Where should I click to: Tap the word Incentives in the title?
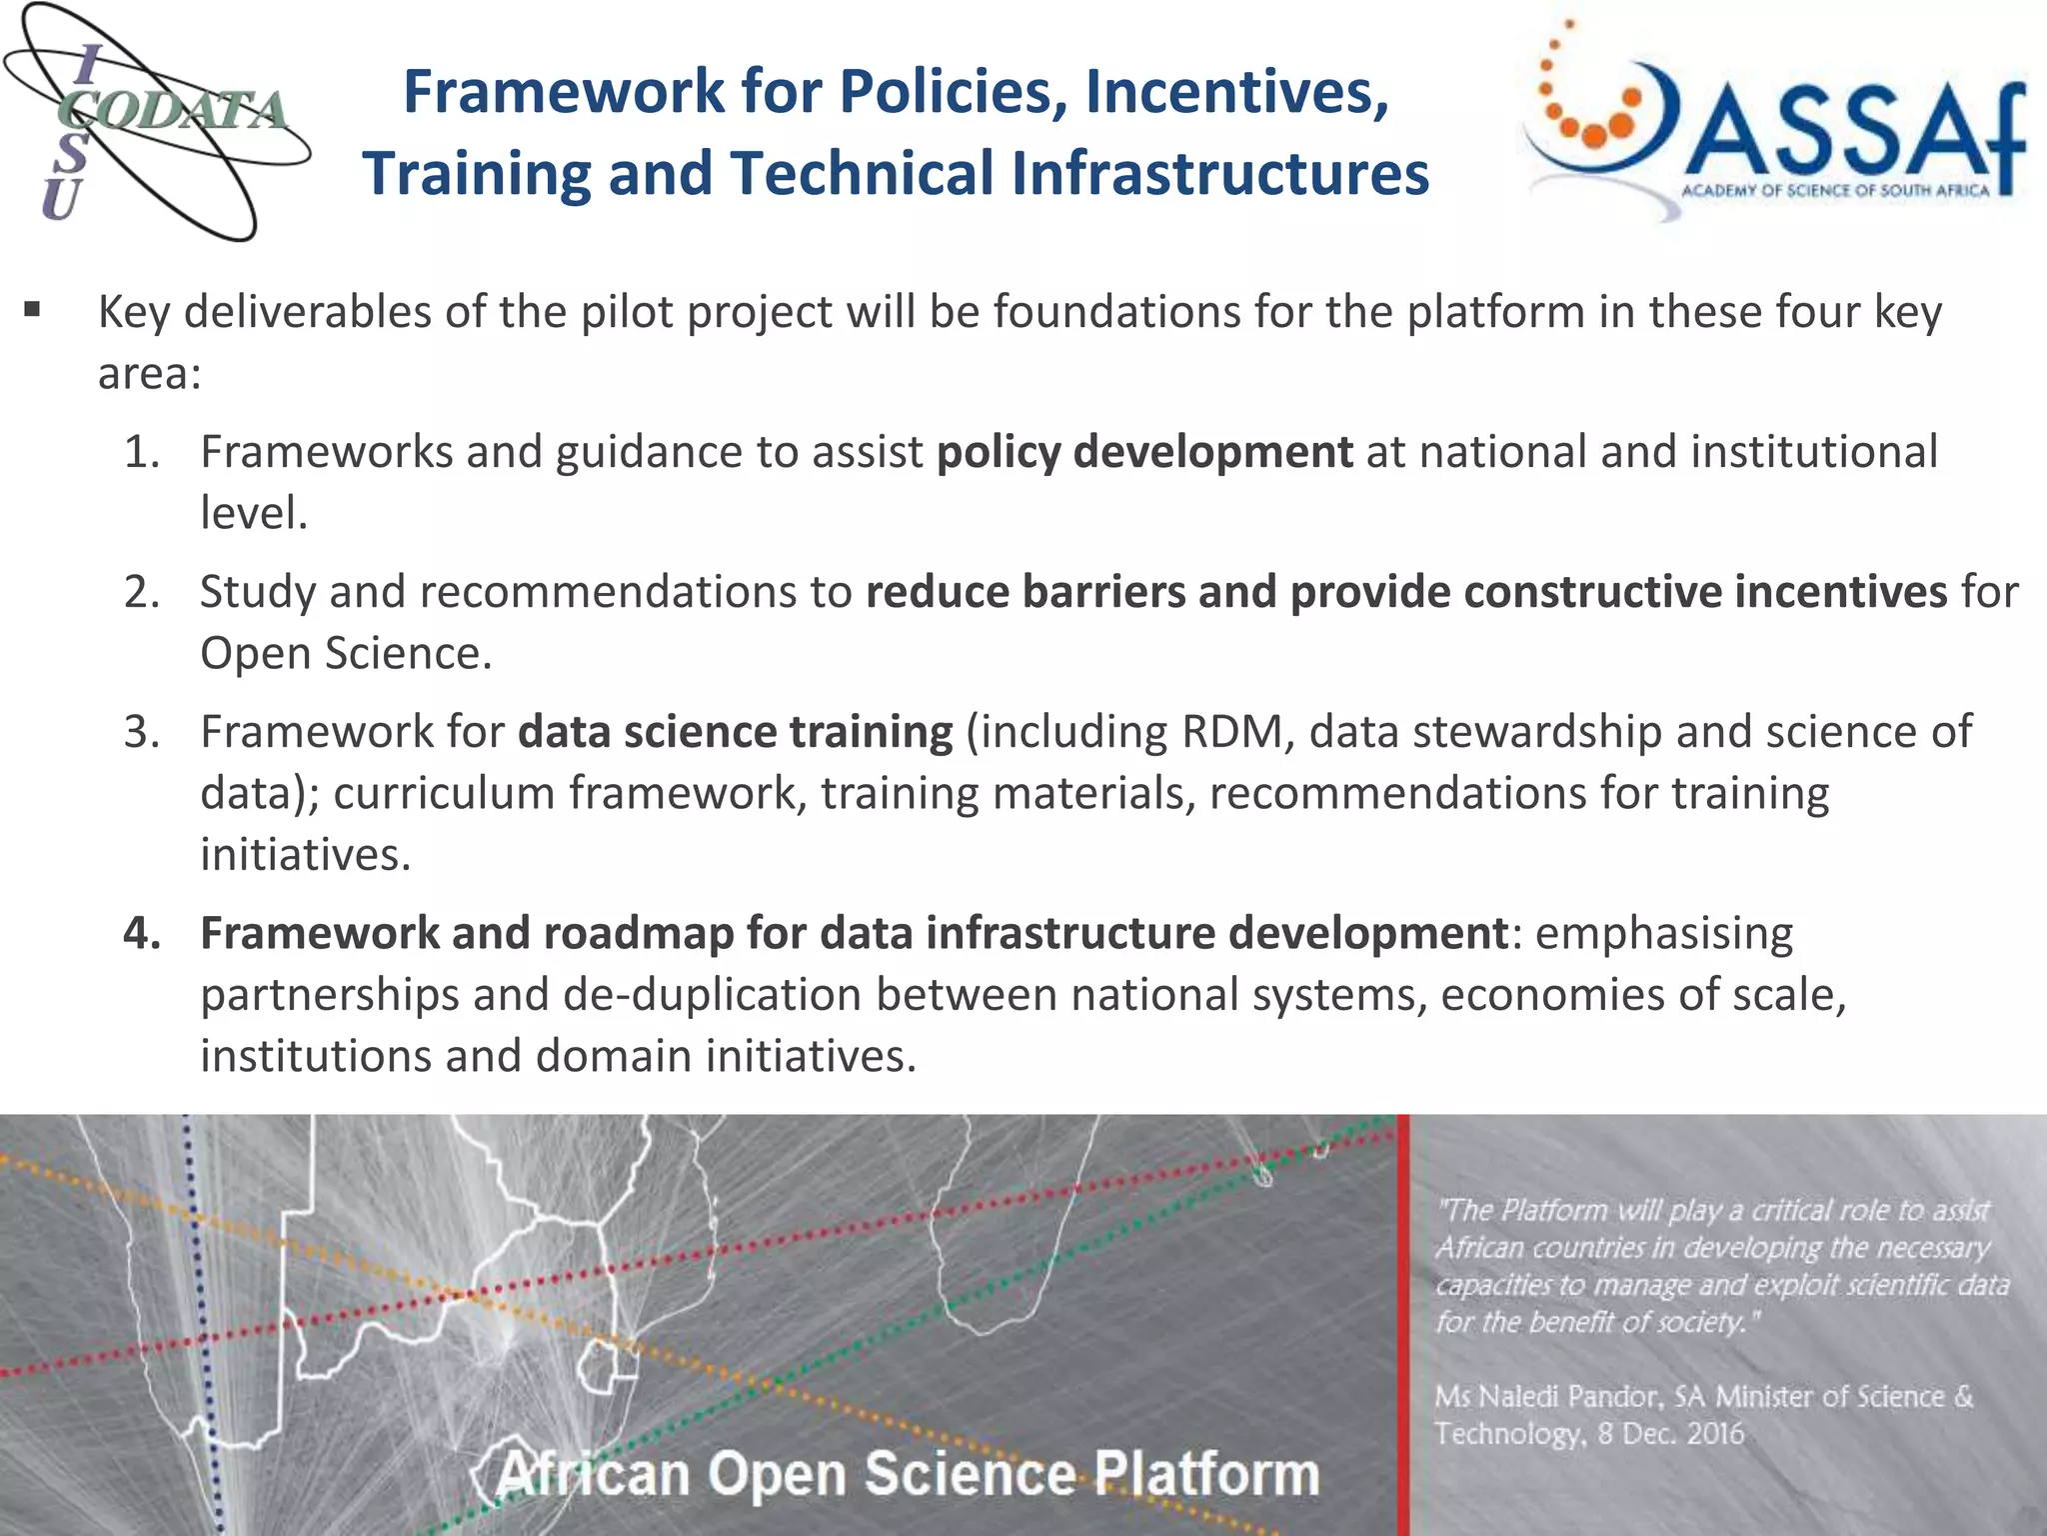click(x=1236, y=92)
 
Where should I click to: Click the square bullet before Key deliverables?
click(x=33, y=311)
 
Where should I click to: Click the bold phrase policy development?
click(x=1144, y=452)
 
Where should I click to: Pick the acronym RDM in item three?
click(x=1238, y=732)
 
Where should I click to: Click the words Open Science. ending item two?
click(x=346, y=654)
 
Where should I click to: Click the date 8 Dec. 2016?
click(x=1670, y=1434)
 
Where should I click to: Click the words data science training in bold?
click(x=735, y=732)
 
